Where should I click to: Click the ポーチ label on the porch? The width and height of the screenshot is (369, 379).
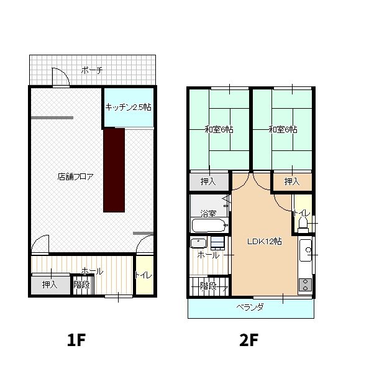coord(92,70)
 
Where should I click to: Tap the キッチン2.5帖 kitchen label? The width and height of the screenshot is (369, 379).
coord(129,107)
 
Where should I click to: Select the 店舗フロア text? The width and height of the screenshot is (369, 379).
coord(75,176)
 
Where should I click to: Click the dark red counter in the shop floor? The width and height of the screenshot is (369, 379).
coord(114,170)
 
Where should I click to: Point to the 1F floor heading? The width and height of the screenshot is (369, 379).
coord(76,340)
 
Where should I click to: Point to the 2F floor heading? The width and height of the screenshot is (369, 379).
coord(248,340)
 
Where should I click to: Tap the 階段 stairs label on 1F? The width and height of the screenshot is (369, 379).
coord(81,285)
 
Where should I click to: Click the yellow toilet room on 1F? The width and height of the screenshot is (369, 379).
coord(145,275)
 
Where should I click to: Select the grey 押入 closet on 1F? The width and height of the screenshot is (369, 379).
coord(51,285)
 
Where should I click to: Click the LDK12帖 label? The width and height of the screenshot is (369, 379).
coord(265,241)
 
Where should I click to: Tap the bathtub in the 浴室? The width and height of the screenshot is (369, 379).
coord(209,226)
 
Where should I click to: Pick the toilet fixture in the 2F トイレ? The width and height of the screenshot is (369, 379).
coord(303,224)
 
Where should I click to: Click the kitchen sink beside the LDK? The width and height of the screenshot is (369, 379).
coord(306,250)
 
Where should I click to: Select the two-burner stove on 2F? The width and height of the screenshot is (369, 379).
coord(305,285)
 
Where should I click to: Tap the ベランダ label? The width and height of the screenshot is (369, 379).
coord(250,307)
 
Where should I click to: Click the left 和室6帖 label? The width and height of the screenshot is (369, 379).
coord(219,129)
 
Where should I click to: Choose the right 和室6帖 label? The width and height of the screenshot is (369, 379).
coord(283,129)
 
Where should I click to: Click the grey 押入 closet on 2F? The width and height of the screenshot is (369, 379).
coord(209,181)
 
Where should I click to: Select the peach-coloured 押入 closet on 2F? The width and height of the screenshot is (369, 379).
coord(293,181)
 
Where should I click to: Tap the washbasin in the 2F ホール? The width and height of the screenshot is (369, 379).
coord(198,243)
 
